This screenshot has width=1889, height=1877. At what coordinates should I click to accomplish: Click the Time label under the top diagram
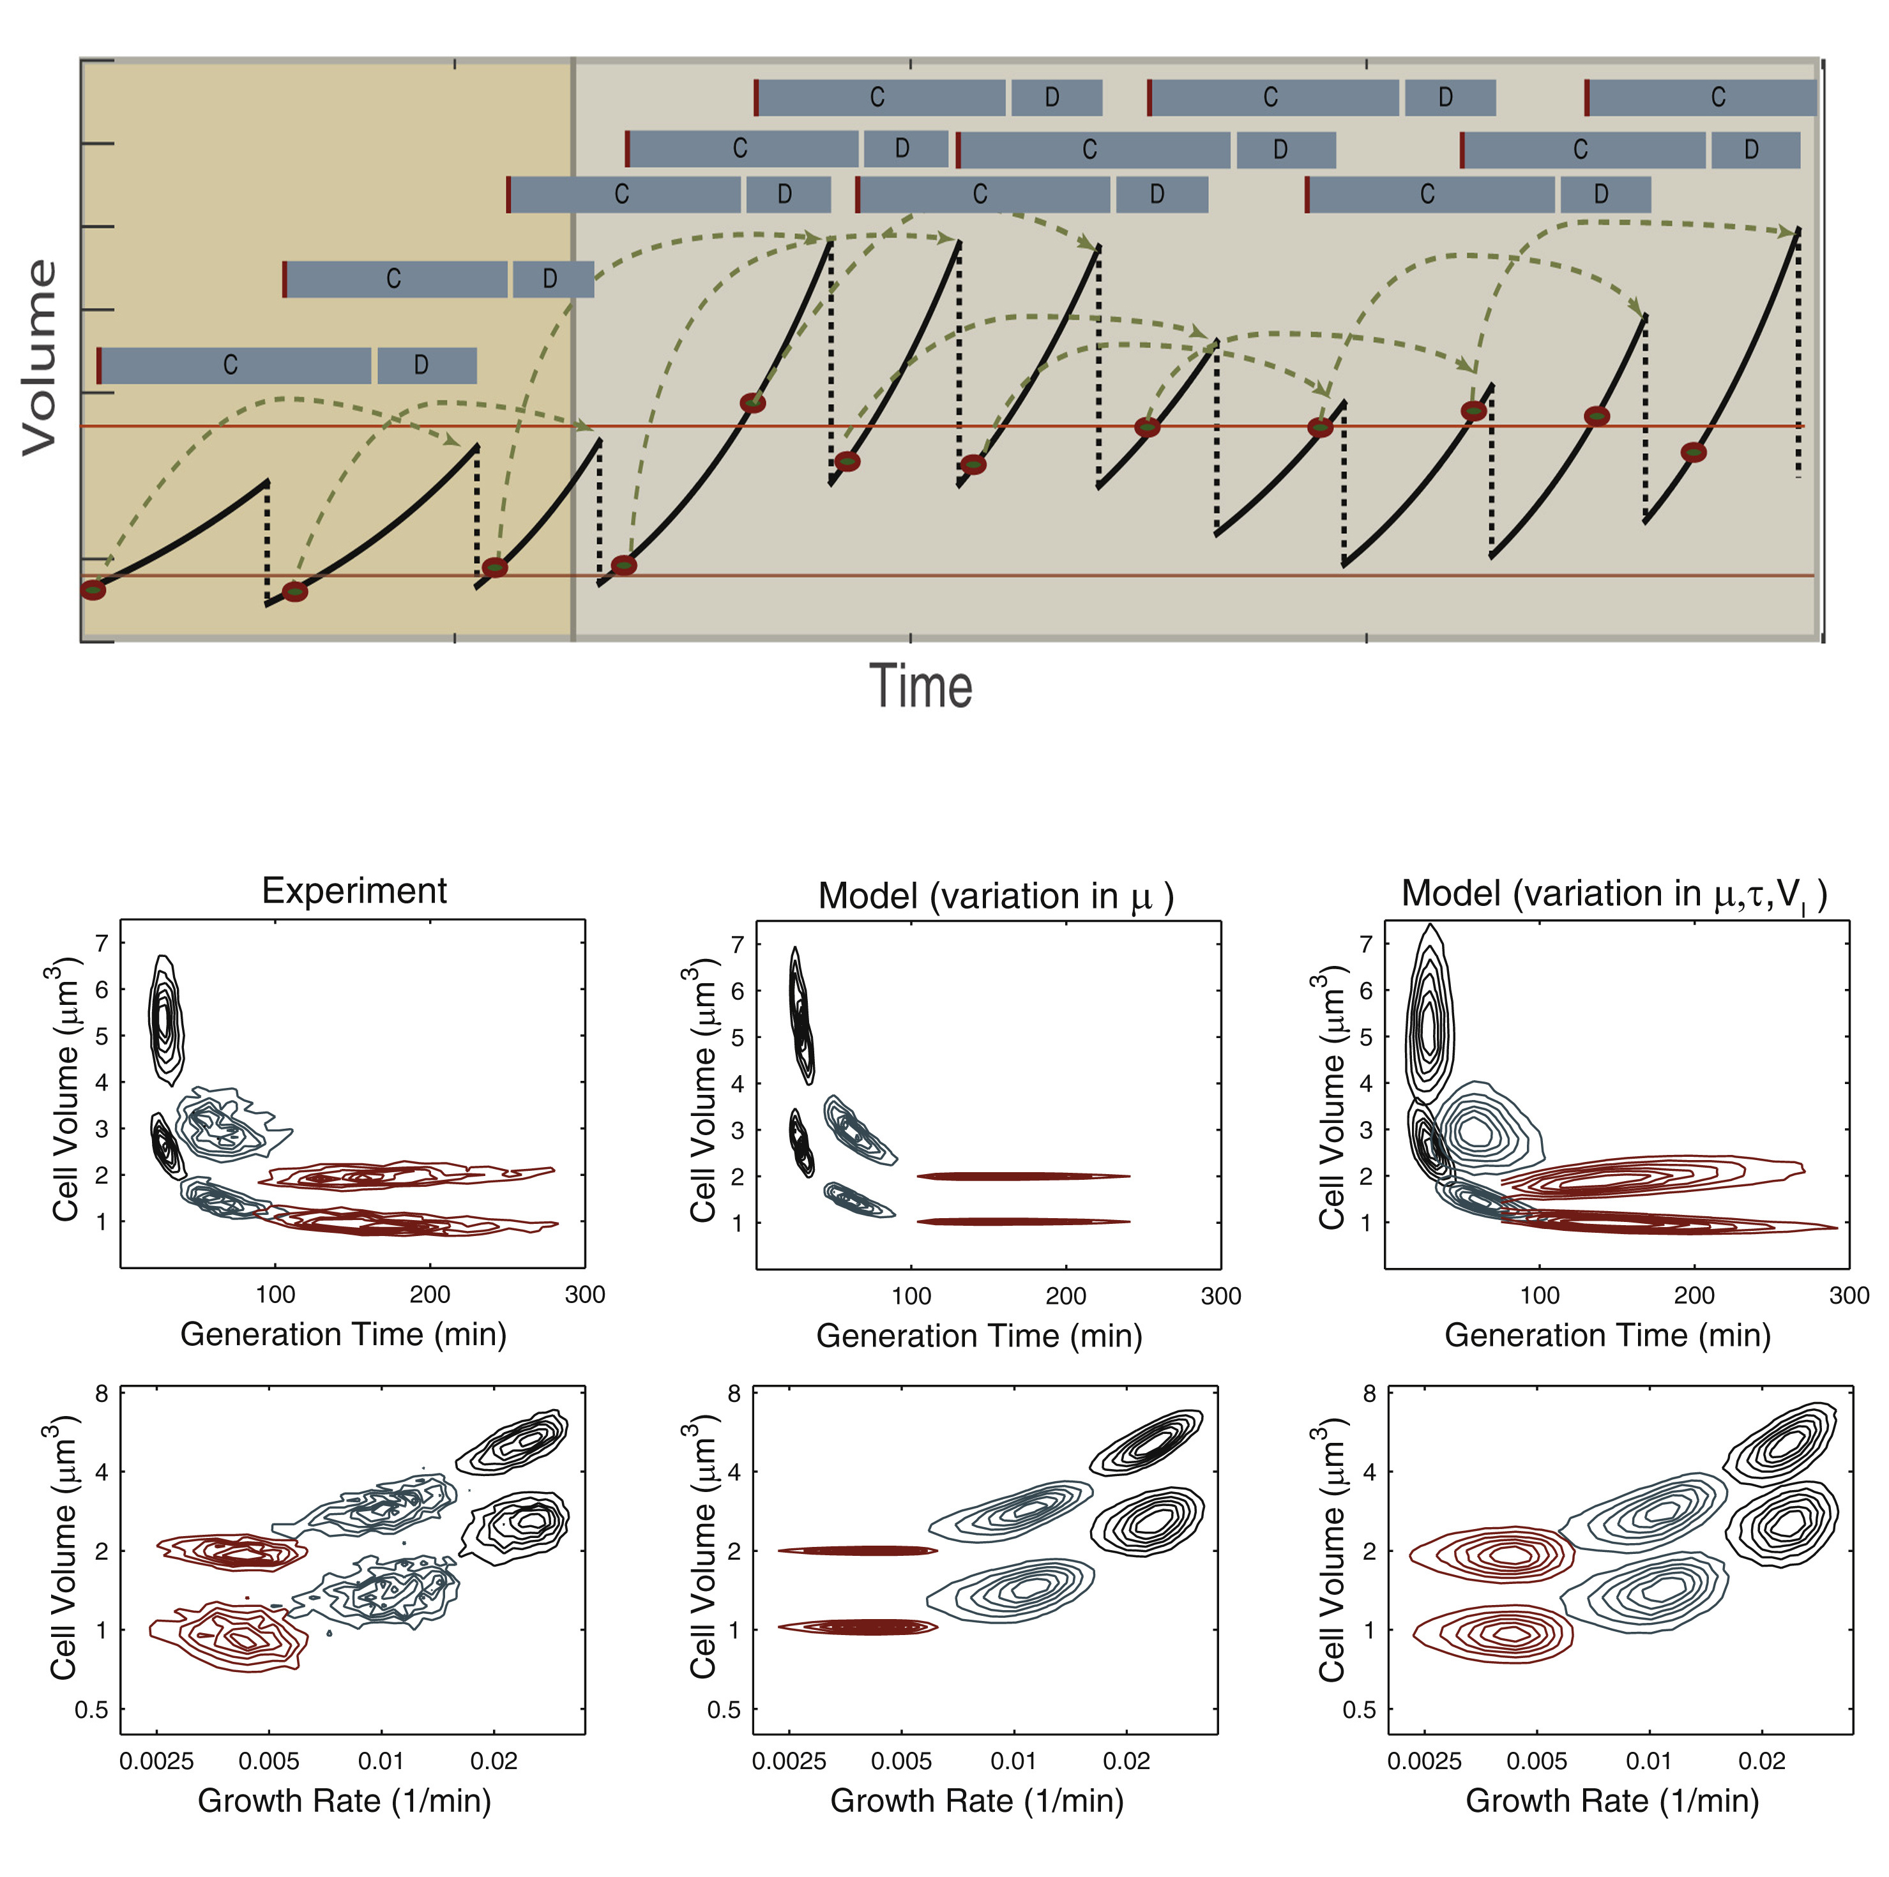coord(920,686)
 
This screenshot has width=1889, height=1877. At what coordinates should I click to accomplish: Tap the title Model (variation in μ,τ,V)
coord(1613,894)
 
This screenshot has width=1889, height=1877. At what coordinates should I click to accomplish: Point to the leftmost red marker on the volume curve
coord(93,589)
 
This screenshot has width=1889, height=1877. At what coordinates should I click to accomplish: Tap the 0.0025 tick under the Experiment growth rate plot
coord(156,1761)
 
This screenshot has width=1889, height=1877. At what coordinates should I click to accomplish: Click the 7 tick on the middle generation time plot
coord(737,944)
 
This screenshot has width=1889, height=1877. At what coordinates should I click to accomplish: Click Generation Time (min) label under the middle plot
coord(979,1336)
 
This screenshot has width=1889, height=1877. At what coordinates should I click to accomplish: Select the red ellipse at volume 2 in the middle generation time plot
coord(1022,1176)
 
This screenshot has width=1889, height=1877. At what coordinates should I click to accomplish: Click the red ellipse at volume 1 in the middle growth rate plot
coord(858,1628)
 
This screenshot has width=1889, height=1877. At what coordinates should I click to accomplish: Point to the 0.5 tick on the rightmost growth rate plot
coord(1358,1710)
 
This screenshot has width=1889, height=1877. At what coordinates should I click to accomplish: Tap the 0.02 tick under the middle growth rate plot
coord(1127,1761)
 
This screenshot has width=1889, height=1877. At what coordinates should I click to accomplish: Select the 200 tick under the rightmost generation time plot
coord(1694,1296)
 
